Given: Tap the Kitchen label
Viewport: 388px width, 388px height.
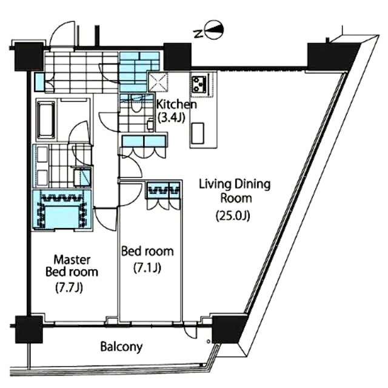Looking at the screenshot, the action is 176,104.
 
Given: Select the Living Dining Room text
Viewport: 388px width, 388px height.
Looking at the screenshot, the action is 235,191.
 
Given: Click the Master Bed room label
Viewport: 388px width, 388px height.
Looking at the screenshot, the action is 72,266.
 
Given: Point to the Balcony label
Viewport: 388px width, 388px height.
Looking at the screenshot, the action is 121,347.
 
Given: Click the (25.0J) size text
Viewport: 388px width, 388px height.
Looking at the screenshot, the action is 233,216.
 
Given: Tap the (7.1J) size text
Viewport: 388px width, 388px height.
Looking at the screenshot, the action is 147,267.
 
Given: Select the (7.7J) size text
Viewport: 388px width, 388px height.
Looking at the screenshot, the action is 69,287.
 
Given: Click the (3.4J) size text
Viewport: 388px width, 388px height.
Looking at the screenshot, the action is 171,118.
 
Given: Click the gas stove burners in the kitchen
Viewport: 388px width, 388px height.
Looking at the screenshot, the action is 199,84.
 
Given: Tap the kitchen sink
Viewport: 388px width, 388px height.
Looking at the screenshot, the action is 198,133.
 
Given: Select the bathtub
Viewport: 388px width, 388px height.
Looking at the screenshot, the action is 46,120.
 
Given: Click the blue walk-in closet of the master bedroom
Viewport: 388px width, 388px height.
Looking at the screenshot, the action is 62,210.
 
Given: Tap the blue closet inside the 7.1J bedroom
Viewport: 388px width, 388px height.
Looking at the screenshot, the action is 164,190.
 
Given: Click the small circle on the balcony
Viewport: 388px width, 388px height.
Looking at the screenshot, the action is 209,342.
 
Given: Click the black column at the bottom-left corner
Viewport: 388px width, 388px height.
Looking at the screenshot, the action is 28,329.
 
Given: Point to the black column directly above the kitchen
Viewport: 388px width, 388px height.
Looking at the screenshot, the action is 178,56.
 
